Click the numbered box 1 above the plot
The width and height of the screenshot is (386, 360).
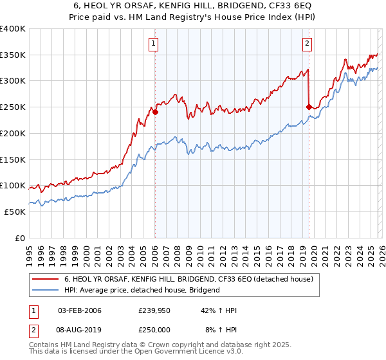point(154,44)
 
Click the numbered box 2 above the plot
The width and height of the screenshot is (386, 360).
point(307,44)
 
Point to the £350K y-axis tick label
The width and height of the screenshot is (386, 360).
point(13,55)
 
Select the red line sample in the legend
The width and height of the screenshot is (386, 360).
point(45,279)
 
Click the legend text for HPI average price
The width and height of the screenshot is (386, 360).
point(142,290)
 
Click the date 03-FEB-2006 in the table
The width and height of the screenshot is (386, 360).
point(79,311)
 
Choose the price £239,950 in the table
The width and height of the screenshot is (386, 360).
point(154,311)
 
